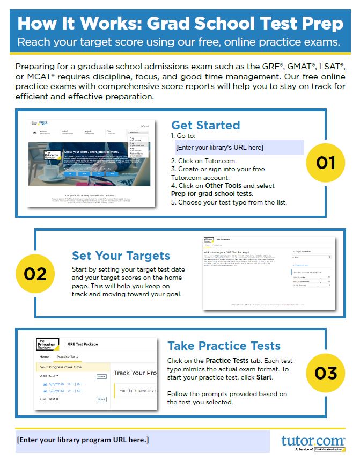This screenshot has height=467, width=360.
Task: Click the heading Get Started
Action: (205, 125)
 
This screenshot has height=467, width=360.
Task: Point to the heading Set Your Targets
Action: (121, 256)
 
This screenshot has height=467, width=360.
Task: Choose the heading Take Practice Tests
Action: (224, 345)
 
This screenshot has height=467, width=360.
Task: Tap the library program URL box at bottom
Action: (143, 441)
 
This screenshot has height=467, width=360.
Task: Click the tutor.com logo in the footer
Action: (313, 441)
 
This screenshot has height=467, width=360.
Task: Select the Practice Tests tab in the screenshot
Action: (68, 357)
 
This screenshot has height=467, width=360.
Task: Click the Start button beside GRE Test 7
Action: (101, 377)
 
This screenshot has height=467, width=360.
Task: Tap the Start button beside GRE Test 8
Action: (101, 399)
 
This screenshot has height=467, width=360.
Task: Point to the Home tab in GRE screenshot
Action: (44, 357)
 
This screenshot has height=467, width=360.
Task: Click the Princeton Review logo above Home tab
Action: (45, 344)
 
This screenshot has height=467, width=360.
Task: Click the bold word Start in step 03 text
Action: (263, 377)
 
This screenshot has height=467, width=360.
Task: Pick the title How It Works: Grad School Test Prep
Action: (180, 23)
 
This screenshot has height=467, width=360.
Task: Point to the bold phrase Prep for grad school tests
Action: (211, 193)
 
